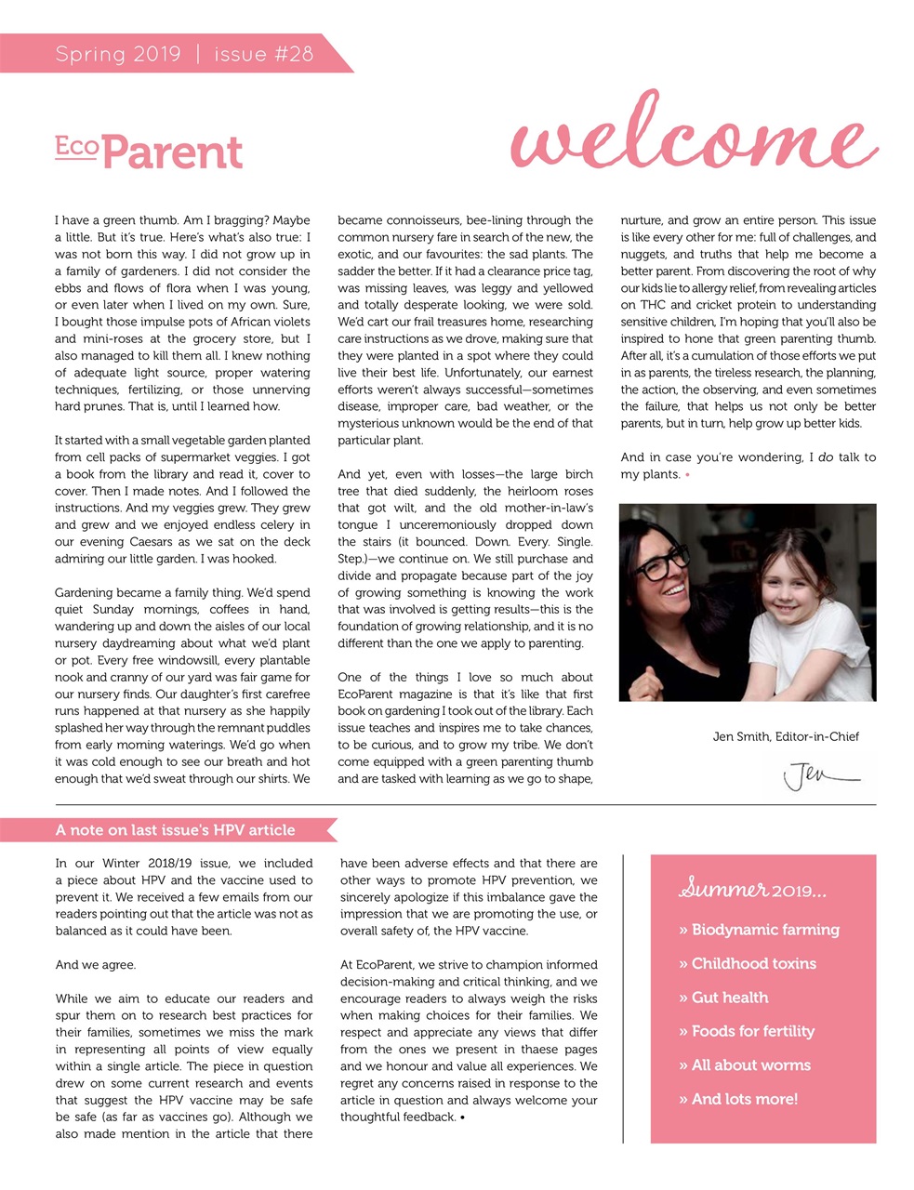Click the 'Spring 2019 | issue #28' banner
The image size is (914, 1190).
184,54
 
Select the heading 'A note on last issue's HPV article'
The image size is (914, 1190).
175,830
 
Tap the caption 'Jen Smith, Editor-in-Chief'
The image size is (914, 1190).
785,736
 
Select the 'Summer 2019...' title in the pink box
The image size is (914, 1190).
751,890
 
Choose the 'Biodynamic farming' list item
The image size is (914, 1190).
759,930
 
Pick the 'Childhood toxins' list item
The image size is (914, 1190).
747,963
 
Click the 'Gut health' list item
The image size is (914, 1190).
723,998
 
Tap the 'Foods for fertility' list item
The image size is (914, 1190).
746,1031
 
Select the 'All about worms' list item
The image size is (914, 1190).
744,1064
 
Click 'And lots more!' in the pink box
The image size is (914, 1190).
737,1099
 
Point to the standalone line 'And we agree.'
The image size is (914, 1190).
96,965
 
